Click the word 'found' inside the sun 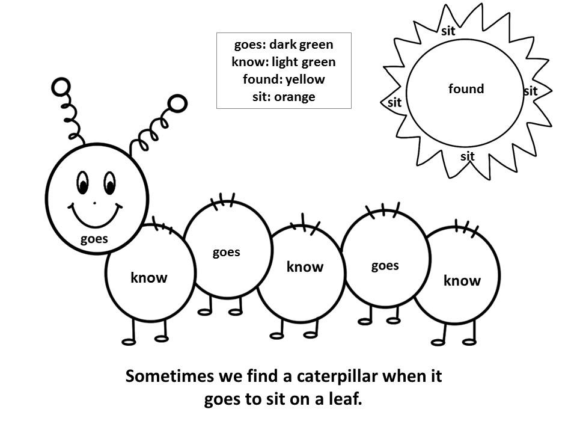click(x=466, y=89)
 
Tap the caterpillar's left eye click(x=82, y=183)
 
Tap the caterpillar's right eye click(x=109, y=183)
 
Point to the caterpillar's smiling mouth click(x=95, y=215)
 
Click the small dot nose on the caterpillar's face click(x=94, y=203)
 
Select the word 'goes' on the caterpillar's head click(x=94, y=239)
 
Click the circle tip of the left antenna click(x=61, y=87)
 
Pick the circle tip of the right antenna click(x=177, y=103)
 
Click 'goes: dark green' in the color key click(x=284, y=45)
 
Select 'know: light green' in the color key click(x=284, y=62)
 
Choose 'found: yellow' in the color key click(x=284, y=79)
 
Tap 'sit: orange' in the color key click(x=284, y=97)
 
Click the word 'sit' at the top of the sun click(x=448, y=31)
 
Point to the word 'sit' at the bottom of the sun click(x=468, y=156)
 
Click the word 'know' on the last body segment click(x=462, y=281)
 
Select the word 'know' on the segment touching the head click(x=148, y=277)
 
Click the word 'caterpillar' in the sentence click(x=337, y=376)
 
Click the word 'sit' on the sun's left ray click(x=394, y=102)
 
